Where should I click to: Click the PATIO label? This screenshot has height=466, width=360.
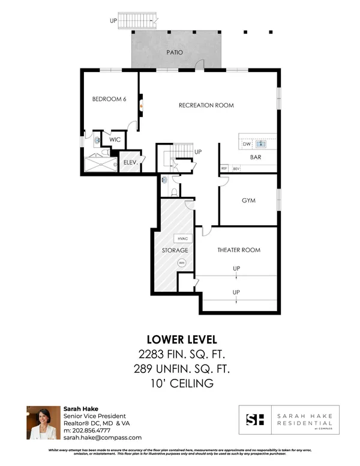tap(175, 52)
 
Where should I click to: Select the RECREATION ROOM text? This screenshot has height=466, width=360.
tap(206, 105)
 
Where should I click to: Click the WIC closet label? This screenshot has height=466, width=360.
tap(115, 139)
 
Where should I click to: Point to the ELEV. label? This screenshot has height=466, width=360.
tap(131, 162)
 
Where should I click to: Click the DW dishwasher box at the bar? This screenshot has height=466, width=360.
tap(246, 144)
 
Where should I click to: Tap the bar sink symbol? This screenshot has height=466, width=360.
tap(260, 144)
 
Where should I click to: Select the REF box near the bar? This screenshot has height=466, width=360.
tap(224, 168)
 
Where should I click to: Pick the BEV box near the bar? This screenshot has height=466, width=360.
tap(236, 168)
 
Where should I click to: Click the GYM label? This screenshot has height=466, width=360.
tap(248, 201)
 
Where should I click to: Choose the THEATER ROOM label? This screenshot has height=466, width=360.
tap(238, 250)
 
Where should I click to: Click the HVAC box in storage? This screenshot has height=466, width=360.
tap(182, 238)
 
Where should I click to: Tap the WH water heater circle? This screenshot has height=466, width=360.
tap(181, 262)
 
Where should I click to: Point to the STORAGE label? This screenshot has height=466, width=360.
tap(175, 250)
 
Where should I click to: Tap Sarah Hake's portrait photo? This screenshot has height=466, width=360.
tap(43, 423)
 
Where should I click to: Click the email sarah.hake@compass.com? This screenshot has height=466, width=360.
tap(103, 438)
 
